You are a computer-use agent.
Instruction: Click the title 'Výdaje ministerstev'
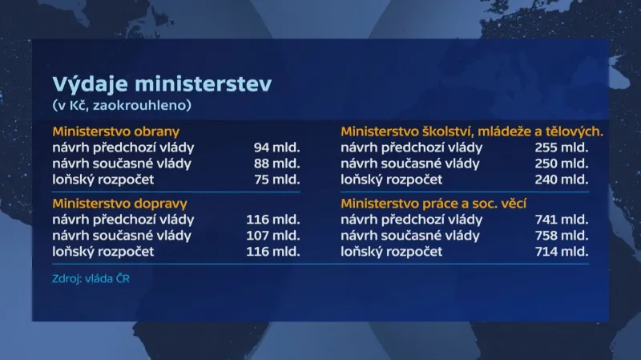pos(162,84)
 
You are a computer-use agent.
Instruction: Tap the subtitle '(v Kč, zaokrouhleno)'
pos(123,105)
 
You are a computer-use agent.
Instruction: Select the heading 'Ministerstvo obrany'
pos(115,131)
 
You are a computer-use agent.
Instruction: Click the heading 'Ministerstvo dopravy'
pos(119,204)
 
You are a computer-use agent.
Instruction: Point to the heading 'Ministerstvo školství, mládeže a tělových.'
pos(472,131)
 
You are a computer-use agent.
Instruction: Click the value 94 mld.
pos(276,147)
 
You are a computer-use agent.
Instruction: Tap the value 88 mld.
pos(276,163)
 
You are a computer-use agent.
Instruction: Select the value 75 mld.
pos(276,179)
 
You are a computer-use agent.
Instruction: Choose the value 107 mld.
pos(273,235)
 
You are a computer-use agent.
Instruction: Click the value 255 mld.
pos(561,147)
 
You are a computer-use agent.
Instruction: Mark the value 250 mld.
pos(561,163)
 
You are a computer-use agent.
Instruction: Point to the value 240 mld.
pos(561,179)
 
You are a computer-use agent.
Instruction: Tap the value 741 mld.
pos(561,219)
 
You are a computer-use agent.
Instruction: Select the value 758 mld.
pos(561,235)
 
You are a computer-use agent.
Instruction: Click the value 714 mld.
pos(561,251)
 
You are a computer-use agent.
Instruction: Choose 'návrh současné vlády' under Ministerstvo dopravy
pos(122,235)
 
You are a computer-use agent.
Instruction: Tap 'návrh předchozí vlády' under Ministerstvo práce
pos(411,219)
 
